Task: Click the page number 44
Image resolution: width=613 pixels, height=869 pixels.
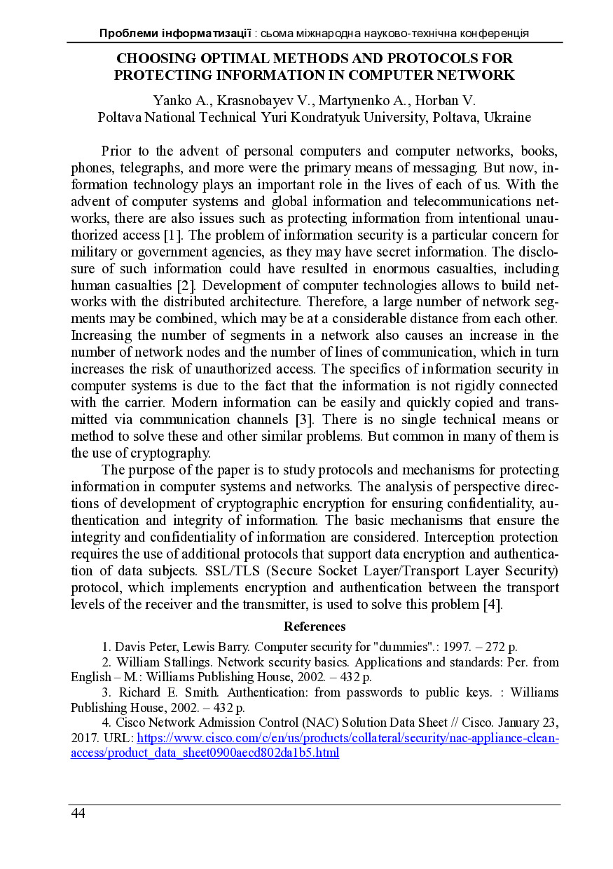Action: tap(78, 813)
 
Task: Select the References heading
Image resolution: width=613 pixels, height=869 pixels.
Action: tap(315, 627)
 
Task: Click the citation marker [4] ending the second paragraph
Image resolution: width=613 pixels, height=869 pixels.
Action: tap(493, 605)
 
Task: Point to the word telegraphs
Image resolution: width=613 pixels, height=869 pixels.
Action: tap(149, 168)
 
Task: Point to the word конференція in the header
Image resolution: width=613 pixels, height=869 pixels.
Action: tap(496, 33)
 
